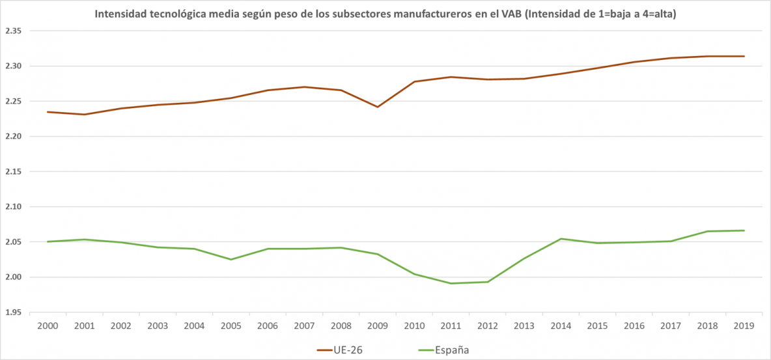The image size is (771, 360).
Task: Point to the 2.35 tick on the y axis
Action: coord(12,31)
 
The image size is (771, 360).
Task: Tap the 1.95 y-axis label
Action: coord(12,312)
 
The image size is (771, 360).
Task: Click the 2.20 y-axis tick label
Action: coord(12,137)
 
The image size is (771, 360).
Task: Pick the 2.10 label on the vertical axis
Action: coord(12,207)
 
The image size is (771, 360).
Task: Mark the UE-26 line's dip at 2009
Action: coord(378,107)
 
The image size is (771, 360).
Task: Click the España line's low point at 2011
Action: coord(451,283)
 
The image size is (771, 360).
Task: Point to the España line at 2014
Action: coord(561,238)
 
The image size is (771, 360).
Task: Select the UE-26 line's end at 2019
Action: coord(744,56)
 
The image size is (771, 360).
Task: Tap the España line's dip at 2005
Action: coord(231,260)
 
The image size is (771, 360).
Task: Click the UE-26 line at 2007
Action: coord(305,87)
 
